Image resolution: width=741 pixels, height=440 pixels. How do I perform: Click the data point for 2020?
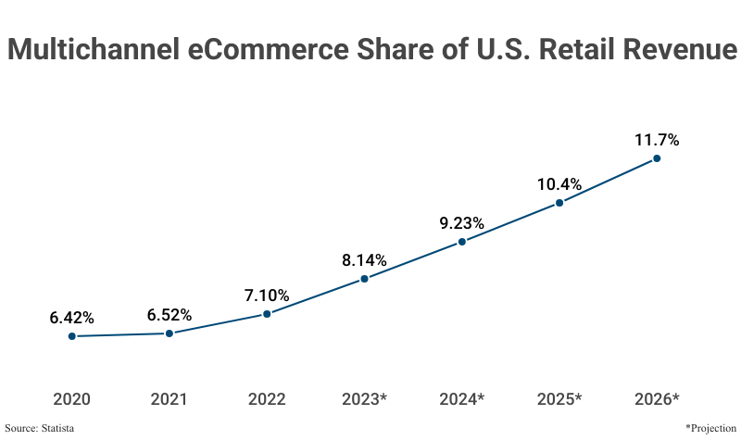click(71, 336)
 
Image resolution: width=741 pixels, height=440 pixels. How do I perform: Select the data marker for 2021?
click(170, 333)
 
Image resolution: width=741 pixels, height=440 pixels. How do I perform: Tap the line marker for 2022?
click(267, 314)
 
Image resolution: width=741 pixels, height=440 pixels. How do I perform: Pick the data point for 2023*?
click(364, 279)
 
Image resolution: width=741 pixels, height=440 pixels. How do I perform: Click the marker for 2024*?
click(461, 242)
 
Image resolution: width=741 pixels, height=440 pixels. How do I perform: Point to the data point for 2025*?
click(559, 203)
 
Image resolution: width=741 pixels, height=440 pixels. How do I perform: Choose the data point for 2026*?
click(657, 158)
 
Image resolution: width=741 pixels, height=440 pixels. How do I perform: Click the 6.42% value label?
click(71, 318)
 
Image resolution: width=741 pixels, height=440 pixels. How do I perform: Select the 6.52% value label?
click(170, 315)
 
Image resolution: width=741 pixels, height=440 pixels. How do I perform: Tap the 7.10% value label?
click(267, 295)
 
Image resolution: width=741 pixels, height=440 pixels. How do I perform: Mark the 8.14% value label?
click(364, 260)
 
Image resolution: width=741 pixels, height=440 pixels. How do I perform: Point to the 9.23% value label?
click(461, 223)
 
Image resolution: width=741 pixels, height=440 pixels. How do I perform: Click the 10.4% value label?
click(559, 184)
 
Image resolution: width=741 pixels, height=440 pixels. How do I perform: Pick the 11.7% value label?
click(657, 141)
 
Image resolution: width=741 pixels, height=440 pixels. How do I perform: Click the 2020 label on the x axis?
click(71, 399)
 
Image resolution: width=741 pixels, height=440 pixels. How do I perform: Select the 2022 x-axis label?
click(267, 399)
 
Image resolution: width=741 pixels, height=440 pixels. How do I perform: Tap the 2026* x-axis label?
click(657, 399)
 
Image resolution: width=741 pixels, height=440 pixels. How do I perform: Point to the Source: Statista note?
click(40, 428)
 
